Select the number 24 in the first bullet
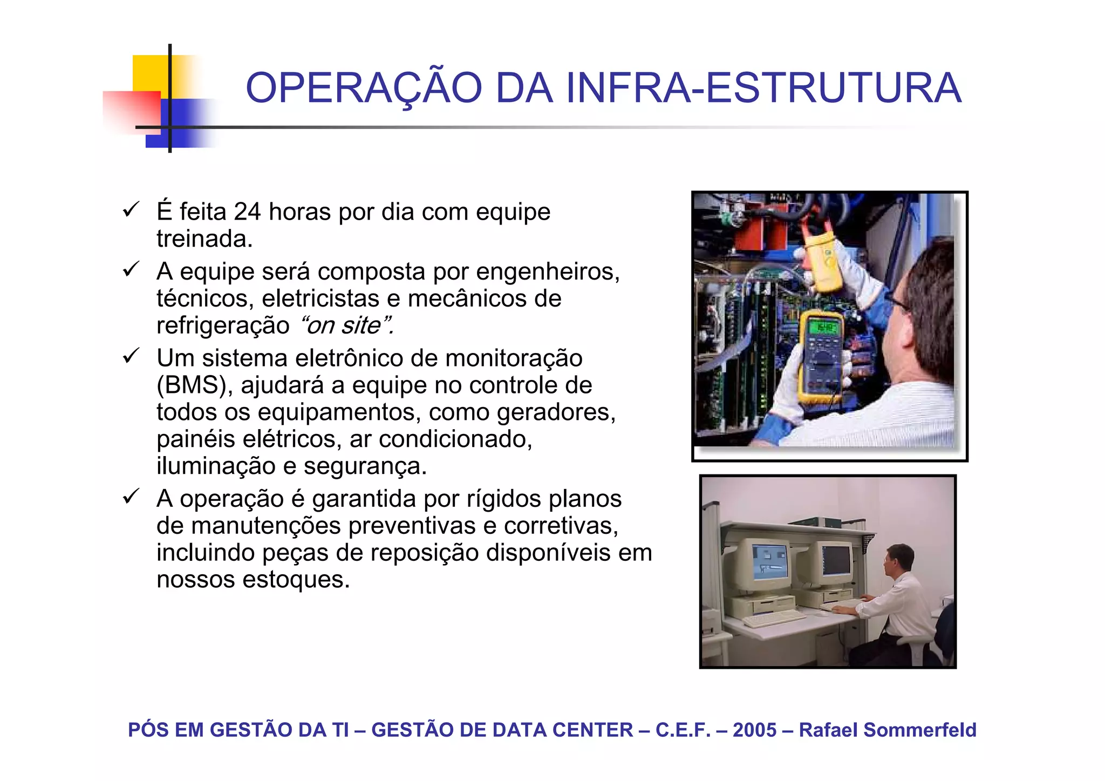tap(247, 212)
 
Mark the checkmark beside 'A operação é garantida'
tap(131, 496)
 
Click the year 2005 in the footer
tap(754, 730)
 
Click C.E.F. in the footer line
tap(683, 730)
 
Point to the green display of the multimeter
tap(823, 327)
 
